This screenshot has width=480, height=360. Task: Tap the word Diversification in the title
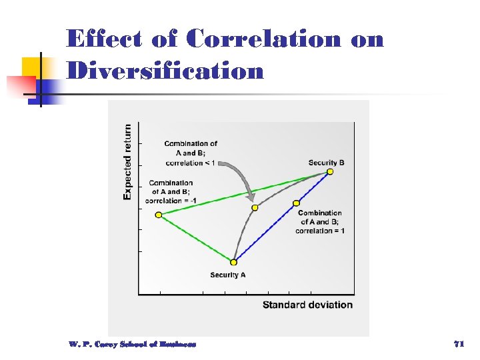click(165, 70)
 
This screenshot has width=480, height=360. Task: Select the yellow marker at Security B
click(330, 172)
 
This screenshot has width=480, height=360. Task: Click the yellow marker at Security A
click(233, 262)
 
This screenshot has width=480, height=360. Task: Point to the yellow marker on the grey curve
click(254, 208)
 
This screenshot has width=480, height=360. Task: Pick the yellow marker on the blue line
click(296, 203)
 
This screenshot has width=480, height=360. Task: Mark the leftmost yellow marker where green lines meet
click(159, 215)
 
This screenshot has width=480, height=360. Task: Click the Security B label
click(326, 163)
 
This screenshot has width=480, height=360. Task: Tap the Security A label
click(228, 275)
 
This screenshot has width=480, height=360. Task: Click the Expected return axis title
click(127, 162)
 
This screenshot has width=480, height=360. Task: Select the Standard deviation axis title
click(307, 305)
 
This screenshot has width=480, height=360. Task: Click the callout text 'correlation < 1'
click(190, 162)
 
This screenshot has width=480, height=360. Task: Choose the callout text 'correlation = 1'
click(320, 231)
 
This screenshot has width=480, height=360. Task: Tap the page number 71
click(458, 344)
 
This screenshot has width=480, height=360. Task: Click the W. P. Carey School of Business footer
click(132, 344)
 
